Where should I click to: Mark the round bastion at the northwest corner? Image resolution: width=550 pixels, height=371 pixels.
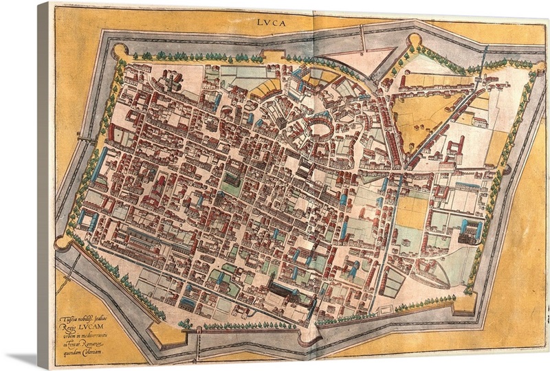118,51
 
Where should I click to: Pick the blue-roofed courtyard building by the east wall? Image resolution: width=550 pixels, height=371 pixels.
470,230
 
